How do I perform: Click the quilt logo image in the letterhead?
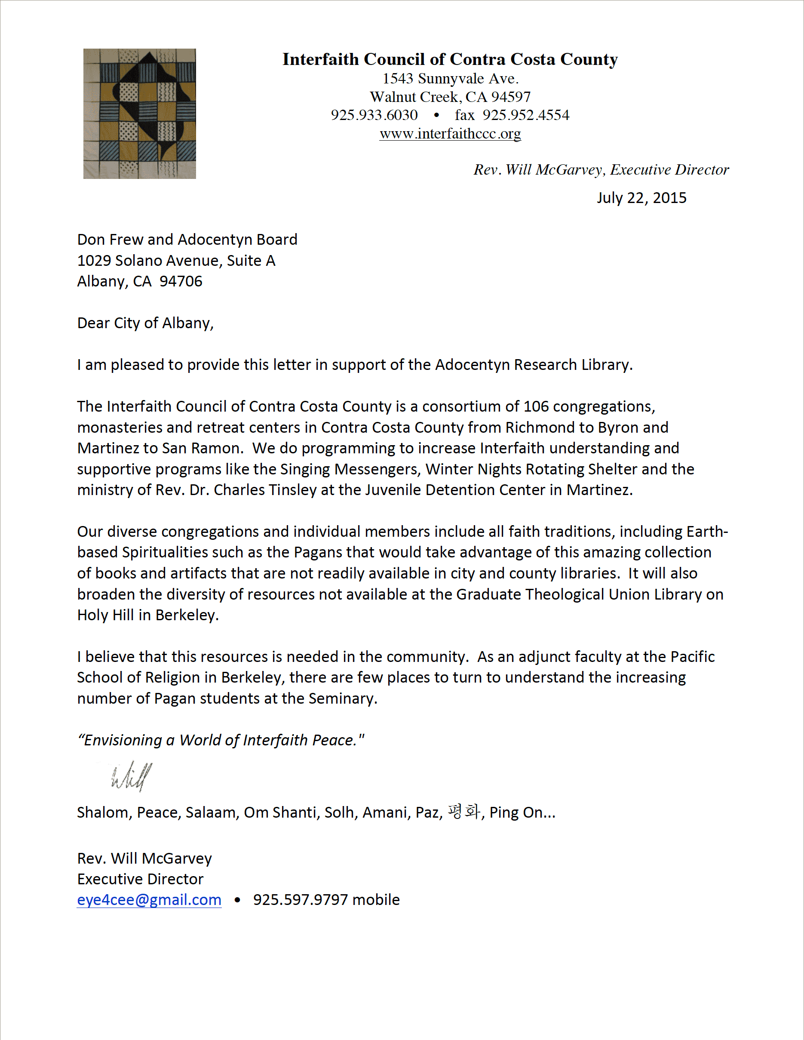[139, 114]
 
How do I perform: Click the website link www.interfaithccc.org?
[450, 134]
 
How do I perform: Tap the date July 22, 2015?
[641, 197]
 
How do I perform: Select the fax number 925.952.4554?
[525, 115]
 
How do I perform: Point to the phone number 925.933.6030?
[374, 115]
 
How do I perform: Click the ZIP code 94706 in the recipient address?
[181, 281]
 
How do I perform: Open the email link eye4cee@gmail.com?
[149, 899]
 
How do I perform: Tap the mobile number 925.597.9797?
[301, 899]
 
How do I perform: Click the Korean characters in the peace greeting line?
[463, 812]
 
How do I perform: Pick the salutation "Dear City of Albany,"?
[145, 323]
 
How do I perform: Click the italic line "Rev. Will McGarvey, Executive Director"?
[601, 169]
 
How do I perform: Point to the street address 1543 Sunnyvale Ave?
[450, 79]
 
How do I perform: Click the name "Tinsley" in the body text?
[292, 489]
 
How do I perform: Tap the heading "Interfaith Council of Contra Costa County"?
[450, 59]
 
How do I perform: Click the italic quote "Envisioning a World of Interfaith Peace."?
[221, 740]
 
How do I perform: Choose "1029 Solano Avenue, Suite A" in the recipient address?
[176, 261]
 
